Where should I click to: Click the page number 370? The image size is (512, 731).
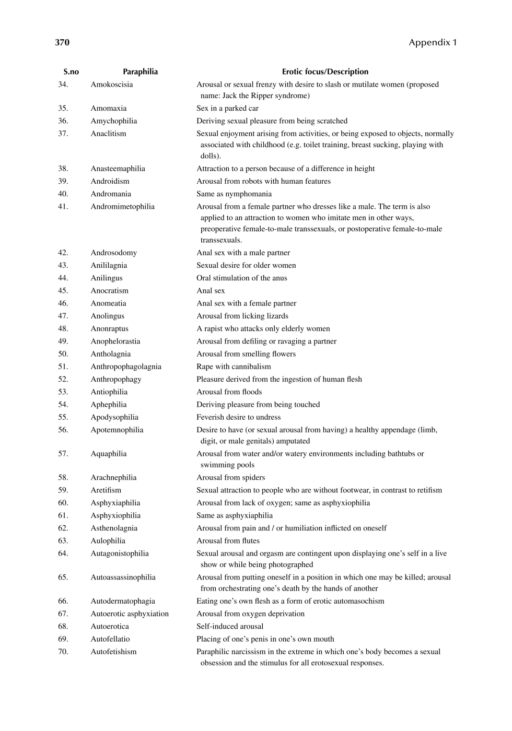coord(62,42)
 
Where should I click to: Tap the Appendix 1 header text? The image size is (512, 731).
coord(433,42)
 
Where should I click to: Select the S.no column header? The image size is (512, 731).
coord(71,72)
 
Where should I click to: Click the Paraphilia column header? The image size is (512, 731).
coord(140,72)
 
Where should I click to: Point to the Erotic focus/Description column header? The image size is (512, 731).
coord(325,72)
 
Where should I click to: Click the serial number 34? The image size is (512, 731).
coord(63,85)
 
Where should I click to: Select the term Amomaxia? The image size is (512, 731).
coord(109,108)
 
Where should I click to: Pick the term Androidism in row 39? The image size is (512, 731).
coord(110,181)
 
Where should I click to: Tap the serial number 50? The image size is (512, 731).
coord(63,354)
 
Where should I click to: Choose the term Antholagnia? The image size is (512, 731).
coord(111,354)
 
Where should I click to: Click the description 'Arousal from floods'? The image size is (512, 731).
coord(229,392)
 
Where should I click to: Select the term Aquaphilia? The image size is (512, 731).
coord(109,454)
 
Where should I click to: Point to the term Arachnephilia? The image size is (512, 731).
coord(113,477)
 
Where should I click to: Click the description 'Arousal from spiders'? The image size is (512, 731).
coord(231,477)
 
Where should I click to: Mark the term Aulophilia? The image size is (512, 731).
coord(108,541)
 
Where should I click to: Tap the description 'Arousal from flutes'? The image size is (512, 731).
coord(228,541)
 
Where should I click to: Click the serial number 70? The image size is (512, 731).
coord(63,652)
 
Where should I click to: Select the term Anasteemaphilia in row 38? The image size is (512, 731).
coord(118,169)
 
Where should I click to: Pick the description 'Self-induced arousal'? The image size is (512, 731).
coord(230,626)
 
